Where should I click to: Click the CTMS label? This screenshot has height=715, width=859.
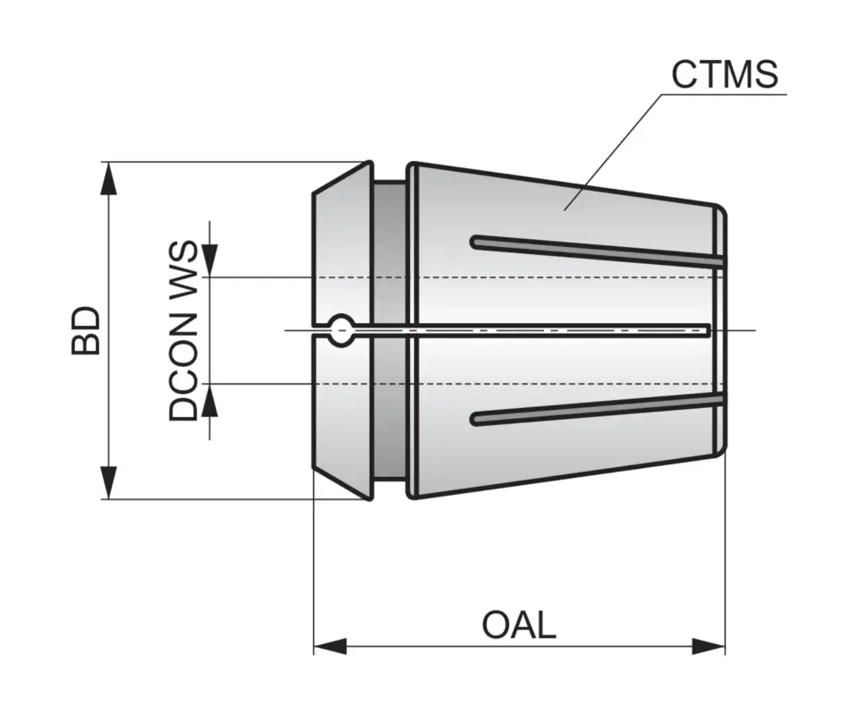point(725,75)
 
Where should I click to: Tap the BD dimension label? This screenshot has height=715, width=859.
point(87,331)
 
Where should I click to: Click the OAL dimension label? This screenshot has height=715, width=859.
point(519,625)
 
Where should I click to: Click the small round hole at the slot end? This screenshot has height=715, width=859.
point(342,330)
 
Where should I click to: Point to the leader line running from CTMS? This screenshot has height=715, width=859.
point(617,143)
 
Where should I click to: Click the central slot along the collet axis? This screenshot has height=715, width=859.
point(537,330)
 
